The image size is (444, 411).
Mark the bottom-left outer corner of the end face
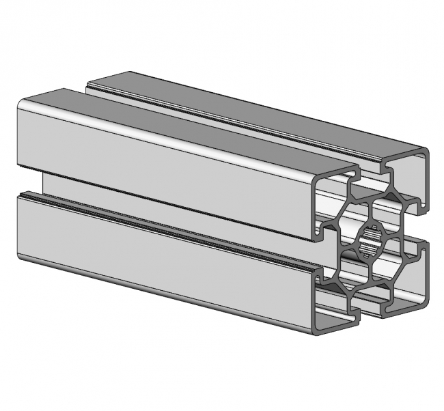[316, 331]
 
